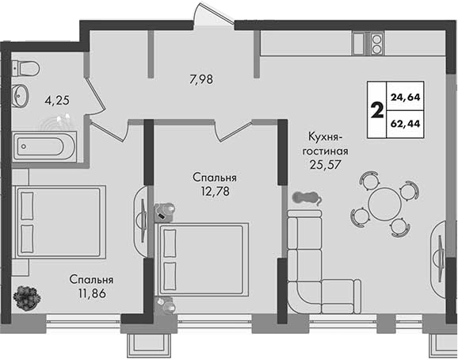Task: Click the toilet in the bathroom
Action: tap(25, 68)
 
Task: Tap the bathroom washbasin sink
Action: tap(20, 95)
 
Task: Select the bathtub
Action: tap(44, 147)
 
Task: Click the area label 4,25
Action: tap(57, 101)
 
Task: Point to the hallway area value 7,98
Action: tap(201, 79)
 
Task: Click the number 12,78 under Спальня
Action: tap(215, 191)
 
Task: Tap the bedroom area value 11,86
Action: tap(91, 293)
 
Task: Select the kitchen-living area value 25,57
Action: tap(325, 165)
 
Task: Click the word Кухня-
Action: tap(325, 137)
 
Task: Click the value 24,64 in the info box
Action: tap(406, 97)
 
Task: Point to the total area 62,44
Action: tap(406, 124)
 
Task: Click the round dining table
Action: tap(385, 204)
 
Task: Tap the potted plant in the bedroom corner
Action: tap(27, 298)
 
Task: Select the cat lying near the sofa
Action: tap(307, 198)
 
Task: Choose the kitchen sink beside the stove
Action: tap(358, 44)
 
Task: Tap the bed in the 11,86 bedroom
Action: tap(59, 222)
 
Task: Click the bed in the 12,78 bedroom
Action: tap(202, 260)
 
